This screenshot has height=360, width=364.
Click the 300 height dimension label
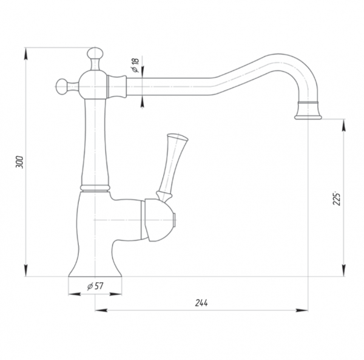pyautogui.click(x=20, y=162)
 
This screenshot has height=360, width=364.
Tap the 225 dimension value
pyautogui.click(x=337, y=199)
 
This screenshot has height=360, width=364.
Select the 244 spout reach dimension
pyautogui.click(x=201, y=303)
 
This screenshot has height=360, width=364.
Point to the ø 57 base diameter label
pyautogui.click(x=95, y=286)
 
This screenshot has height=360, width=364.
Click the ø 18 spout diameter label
pyautogui.click(x=135, y=65)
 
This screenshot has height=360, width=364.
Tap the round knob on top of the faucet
pyautogui.click(x=95, y=53)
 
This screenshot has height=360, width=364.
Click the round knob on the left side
pyautogui.click(x=61, y=87)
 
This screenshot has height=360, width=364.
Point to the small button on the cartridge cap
pyautogui.click(x=175, y=220)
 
